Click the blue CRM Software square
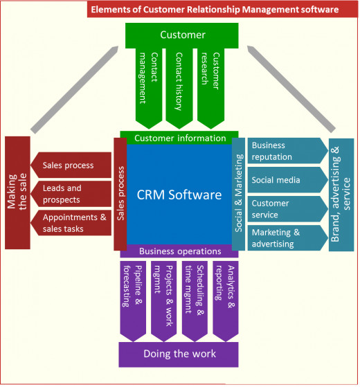click(x=179, y=195)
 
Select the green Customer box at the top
click(x=182, y=35)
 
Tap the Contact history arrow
click(x=179, y=88)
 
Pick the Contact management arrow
click(x=149, y=88)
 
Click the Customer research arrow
click(x=210, y=88)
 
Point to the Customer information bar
click(x=179, y=138)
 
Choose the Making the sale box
click(x=17, y=192)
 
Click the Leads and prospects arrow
click(x=71, y=194)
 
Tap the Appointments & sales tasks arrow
click(x=71, y=223)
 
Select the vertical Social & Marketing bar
click(x=239, y=194)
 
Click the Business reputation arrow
click(x=288, y=151)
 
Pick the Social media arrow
click(x=288, y=180)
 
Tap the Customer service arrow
click(x=288, y=209)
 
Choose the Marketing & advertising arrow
click(x=288, y=238)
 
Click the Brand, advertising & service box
click(x=341, y=195)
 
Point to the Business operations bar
click(x=179, y=251)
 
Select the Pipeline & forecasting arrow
click(x=133, y=301)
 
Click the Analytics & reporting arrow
click(x=226, y=301)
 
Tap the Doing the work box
click(x=179, y=354)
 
